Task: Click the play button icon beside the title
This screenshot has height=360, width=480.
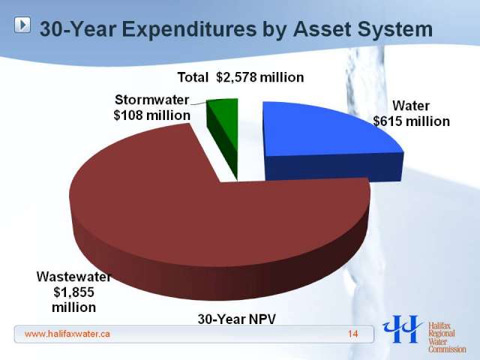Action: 22,25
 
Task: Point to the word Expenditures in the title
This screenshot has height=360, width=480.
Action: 189,29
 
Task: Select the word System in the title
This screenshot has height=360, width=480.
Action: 395,29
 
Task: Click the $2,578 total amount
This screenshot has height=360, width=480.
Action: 236,77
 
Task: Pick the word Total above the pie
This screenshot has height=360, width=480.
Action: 193,77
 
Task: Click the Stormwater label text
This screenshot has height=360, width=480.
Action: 152,100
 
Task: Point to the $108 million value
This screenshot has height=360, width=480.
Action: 151,115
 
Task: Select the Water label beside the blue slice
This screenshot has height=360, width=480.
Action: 411,106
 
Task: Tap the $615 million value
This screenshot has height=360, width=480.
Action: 412,121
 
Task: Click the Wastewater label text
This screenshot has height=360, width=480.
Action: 73,277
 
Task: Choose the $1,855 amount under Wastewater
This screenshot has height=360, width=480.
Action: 73,292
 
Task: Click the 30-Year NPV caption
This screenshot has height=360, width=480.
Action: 237,319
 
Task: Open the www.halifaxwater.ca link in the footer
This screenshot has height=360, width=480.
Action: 67,334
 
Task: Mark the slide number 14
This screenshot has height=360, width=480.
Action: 353,334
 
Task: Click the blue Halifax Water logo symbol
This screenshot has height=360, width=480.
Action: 403,329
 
